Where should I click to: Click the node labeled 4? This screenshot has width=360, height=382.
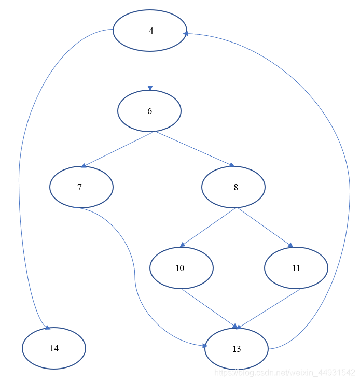tap(150, 31)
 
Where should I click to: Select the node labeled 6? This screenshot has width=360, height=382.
tap(149, 111)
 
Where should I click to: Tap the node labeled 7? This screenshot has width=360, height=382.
tap(81, 187)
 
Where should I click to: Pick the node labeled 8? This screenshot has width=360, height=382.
tap(233, 187)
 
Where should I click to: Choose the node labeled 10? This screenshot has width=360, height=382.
tap(181, 268)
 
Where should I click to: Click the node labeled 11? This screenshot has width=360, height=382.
tap(296, 268)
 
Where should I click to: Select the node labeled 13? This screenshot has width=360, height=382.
tap(237, 349)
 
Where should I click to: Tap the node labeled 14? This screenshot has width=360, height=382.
tap(54, 348)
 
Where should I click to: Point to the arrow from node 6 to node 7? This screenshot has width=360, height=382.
tap(118, 149)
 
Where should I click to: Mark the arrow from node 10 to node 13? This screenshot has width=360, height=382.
tap(209, 308)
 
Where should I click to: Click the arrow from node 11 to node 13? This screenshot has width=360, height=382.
tap(268, 308)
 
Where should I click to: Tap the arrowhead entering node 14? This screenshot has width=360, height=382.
tap(47, 327)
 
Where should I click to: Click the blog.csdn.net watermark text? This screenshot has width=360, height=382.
tap(285, 373)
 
